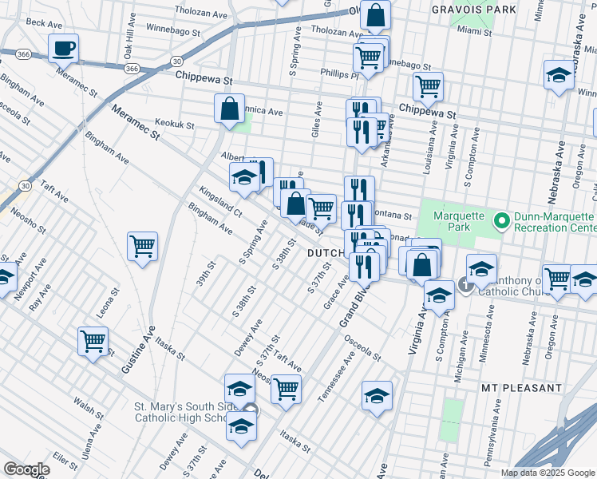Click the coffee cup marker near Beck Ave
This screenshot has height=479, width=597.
(x=63, y=48)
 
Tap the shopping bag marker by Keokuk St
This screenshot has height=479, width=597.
(x=229, y=110)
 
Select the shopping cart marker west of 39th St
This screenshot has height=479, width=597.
(x=142, y=247)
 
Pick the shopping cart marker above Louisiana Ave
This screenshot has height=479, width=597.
(x=429, y=88)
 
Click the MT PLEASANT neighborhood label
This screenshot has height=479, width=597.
(x=523, y=387)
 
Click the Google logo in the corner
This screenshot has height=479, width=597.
(x=27, y=469)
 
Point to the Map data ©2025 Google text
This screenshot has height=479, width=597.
(x=547, y=473)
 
